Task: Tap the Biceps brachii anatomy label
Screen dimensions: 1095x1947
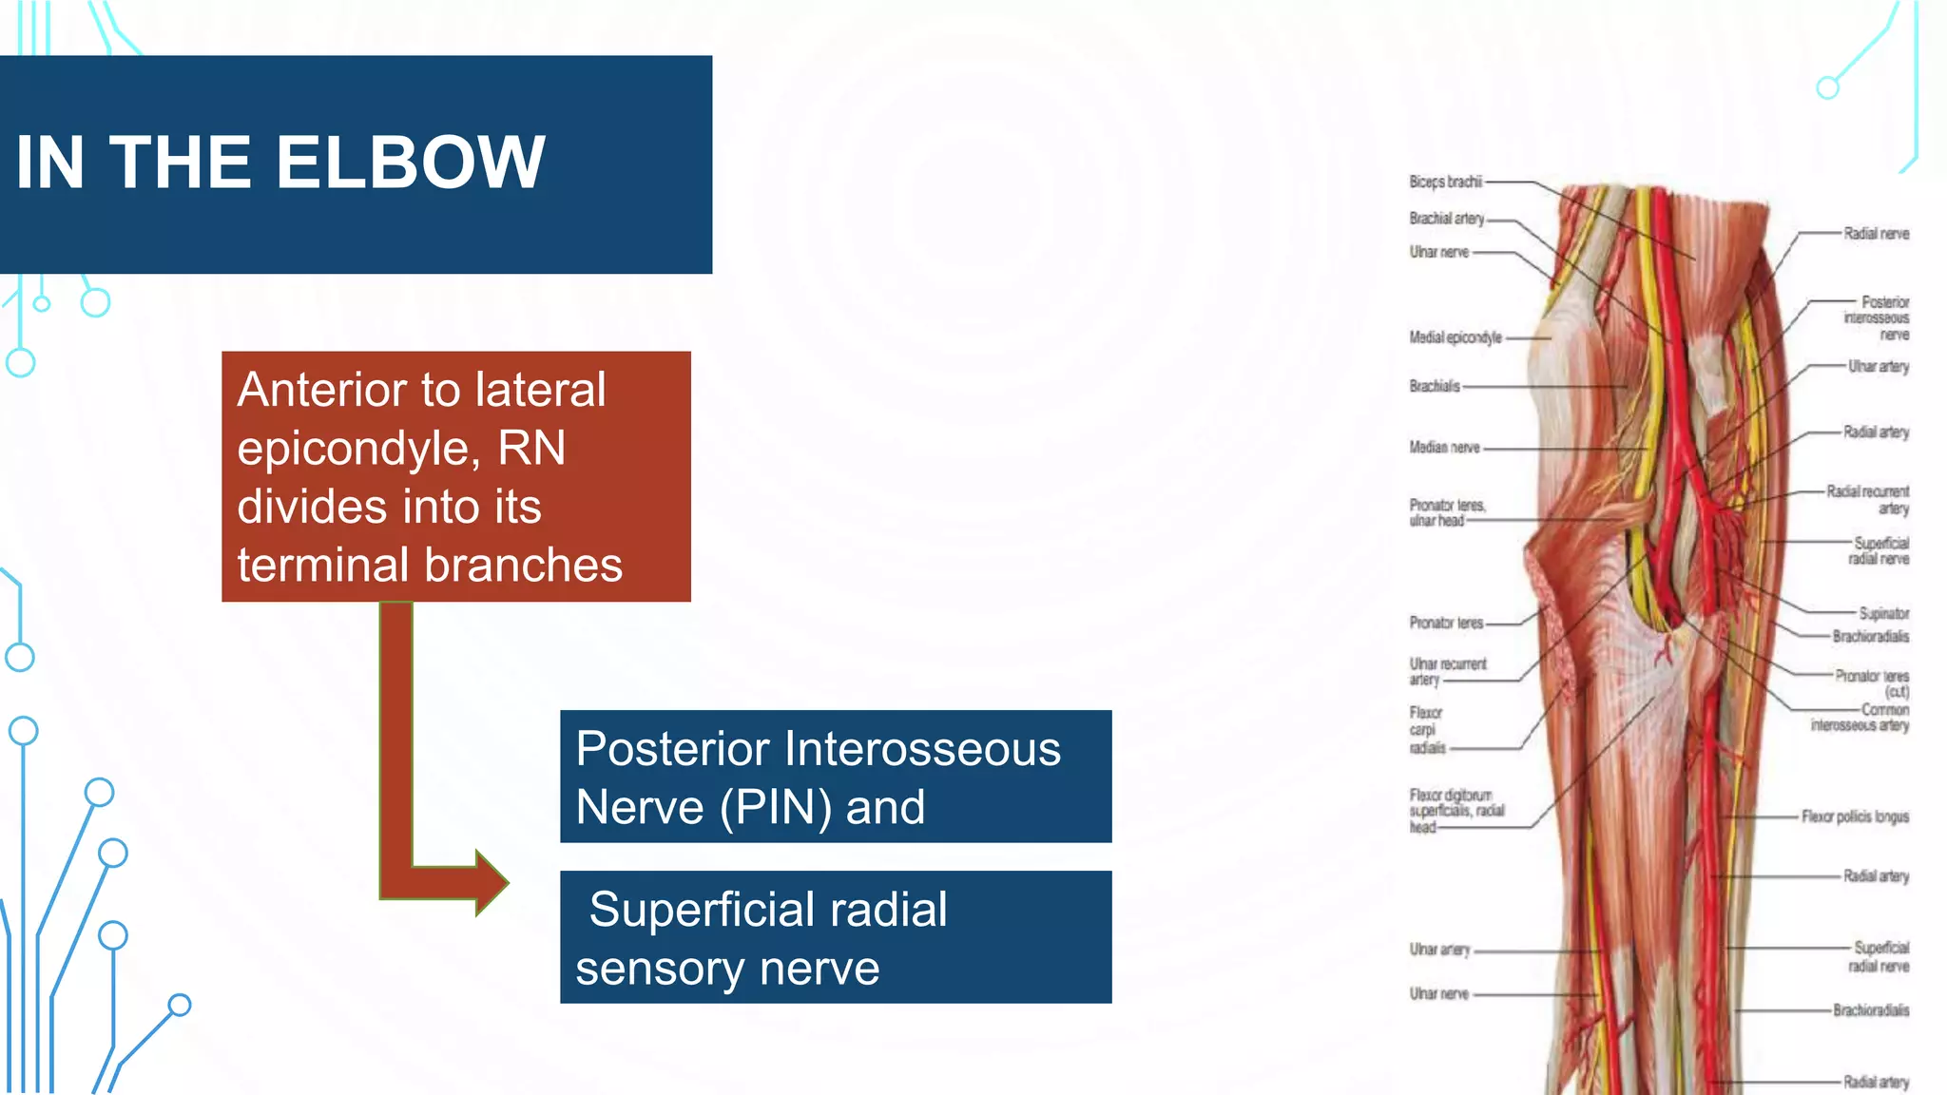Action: tap(1445, 182)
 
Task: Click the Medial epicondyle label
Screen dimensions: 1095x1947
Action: tap(1455, 337)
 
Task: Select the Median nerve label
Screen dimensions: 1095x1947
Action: tap(1444, 448)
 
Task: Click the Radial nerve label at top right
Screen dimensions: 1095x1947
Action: tap(1876, 234)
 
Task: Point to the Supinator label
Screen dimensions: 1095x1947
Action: tap(1883, 614)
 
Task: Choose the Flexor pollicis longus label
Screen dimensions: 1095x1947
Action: tap(1855, 816)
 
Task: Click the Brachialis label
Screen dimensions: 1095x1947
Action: tap(1434, 386)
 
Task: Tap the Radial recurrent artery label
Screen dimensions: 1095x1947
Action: tap(1868, 500)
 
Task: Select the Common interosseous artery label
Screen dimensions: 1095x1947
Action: tap(1860, 718)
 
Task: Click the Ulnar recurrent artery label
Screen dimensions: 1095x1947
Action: tap(1446, 671)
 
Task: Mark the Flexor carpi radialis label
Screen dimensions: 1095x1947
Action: tap(1426, 730)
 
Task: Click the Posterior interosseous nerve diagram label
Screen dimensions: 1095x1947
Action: tap(1878, 318)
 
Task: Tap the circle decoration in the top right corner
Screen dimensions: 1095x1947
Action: tap(1827, 88)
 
